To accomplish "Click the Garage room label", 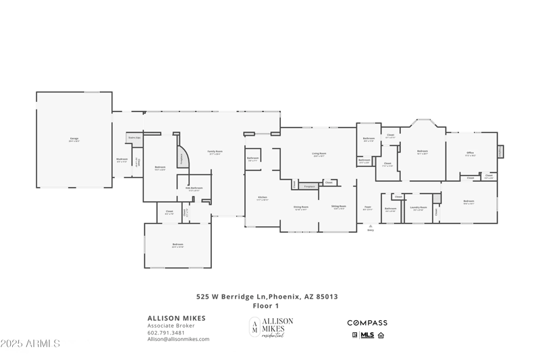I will [74, 140].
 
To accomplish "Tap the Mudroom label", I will [122, 161].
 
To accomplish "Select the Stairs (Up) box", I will [134, 137].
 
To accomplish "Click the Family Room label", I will [215, 153].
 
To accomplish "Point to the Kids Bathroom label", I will [196, 188].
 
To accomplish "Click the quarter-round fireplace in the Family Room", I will [182, 157].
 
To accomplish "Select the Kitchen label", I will [263, 199].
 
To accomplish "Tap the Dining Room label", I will [300, 207].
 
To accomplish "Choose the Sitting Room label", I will [339, 207].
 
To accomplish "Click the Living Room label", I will [319, 154].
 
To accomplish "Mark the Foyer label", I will [368, 208].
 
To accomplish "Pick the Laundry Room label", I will [418, 208].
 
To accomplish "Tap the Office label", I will [470, 154].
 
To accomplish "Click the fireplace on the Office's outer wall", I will [500, 152].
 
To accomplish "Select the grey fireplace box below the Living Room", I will [309, 186].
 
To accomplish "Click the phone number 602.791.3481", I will [166, 332].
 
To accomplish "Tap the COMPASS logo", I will [367, 323].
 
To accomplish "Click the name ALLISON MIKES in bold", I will [177, 318].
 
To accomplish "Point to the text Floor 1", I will [267, 305].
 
